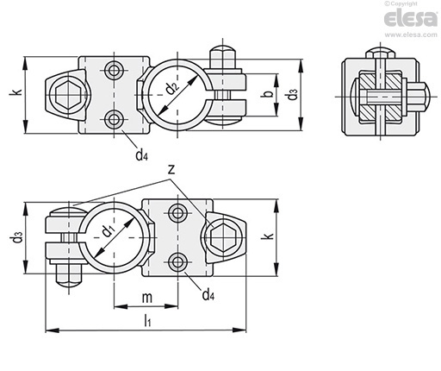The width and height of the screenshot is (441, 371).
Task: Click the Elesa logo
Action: click(x=411, y=18)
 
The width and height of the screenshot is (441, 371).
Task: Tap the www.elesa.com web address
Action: click(x=411, y=35)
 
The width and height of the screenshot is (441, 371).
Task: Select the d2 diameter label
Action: click(x=173, y=88)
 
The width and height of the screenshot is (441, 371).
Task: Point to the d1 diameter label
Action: click(x=109, y=230)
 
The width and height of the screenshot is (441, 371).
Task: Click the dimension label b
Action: click(x=268, y=94)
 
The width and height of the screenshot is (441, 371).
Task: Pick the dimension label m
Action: click(x=147, y=298)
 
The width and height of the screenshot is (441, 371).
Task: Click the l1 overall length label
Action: click(x=147, y=320)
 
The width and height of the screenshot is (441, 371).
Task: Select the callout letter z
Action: click(x=171, y=170)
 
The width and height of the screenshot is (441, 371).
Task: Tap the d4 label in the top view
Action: click(x=142, y=155)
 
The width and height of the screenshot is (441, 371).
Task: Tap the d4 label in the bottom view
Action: click(x=208, y=295)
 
